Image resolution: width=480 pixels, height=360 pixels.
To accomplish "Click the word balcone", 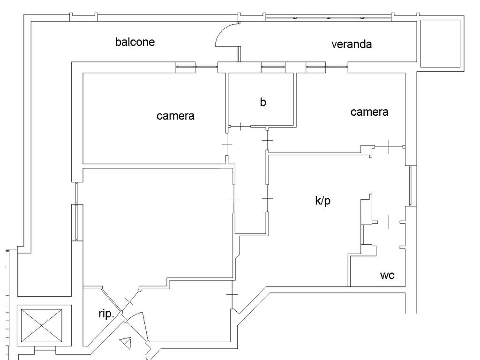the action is (135, 42).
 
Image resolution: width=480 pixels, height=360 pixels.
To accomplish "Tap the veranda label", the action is (352, 45).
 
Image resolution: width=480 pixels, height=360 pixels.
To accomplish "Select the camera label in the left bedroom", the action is (175, 116).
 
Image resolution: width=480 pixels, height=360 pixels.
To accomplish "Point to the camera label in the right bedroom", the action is (369, 112).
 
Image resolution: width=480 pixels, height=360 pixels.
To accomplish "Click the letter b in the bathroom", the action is (263, 102).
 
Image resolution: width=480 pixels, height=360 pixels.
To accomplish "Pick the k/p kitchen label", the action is (322, 201).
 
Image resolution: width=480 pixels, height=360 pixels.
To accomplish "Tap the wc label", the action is (387, 276).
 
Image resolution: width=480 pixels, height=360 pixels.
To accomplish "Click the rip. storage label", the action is (106, 314).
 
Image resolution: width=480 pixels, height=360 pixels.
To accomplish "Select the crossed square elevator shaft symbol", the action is (41, 325).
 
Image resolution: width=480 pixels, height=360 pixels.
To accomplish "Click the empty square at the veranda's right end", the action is (440, 43).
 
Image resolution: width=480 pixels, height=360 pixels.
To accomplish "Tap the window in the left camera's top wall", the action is (186, 67).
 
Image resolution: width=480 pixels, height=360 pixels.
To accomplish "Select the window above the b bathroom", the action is (273, 67).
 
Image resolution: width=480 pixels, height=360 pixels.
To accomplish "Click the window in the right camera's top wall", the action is (315, 67).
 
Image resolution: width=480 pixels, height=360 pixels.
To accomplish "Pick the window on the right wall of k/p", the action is (411, 186).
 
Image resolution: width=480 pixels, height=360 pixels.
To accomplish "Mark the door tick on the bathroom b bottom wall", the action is (241, 126).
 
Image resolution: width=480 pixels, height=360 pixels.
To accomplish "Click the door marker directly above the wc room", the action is (389, 222).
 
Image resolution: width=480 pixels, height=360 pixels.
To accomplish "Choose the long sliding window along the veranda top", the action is (328, 18).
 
